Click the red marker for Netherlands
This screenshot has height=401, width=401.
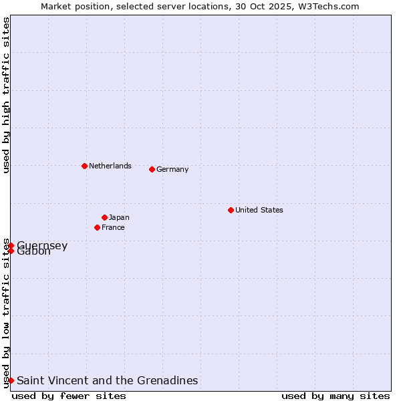coord(84,166)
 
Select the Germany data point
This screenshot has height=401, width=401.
coord(152,169)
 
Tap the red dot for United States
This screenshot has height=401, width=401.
coord(231,210)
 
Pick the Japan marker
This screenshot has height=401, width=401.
coord(105,217)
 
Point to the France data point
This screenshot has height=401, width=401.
coord(98,227)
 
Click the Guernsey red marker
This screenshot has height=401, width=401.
coord(11,245)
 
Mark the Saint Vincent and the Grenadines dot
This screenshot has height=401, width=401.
coord(11,380)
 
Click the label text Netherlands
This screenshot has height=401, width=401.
coord(110,166)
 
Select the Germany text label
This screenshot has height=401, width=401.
coord(172,169)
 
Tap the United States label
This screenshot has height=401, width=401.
coord(259,210)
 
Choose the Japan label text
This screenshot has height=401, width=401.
coord(119,217)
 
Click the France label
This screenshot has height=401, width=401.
coord(113,227)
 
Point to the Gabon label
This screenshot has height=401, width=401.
coord(33,252)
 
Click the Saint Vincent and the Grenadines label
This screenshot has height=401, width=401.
coord(107,380)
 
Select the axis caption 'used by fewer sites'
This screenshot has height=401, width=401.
coord(69,396)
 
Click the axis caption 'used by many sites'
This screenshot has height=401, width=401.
coord(336,396)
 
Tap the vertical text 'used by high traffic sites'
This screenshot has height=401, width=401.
coord(6,95)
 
